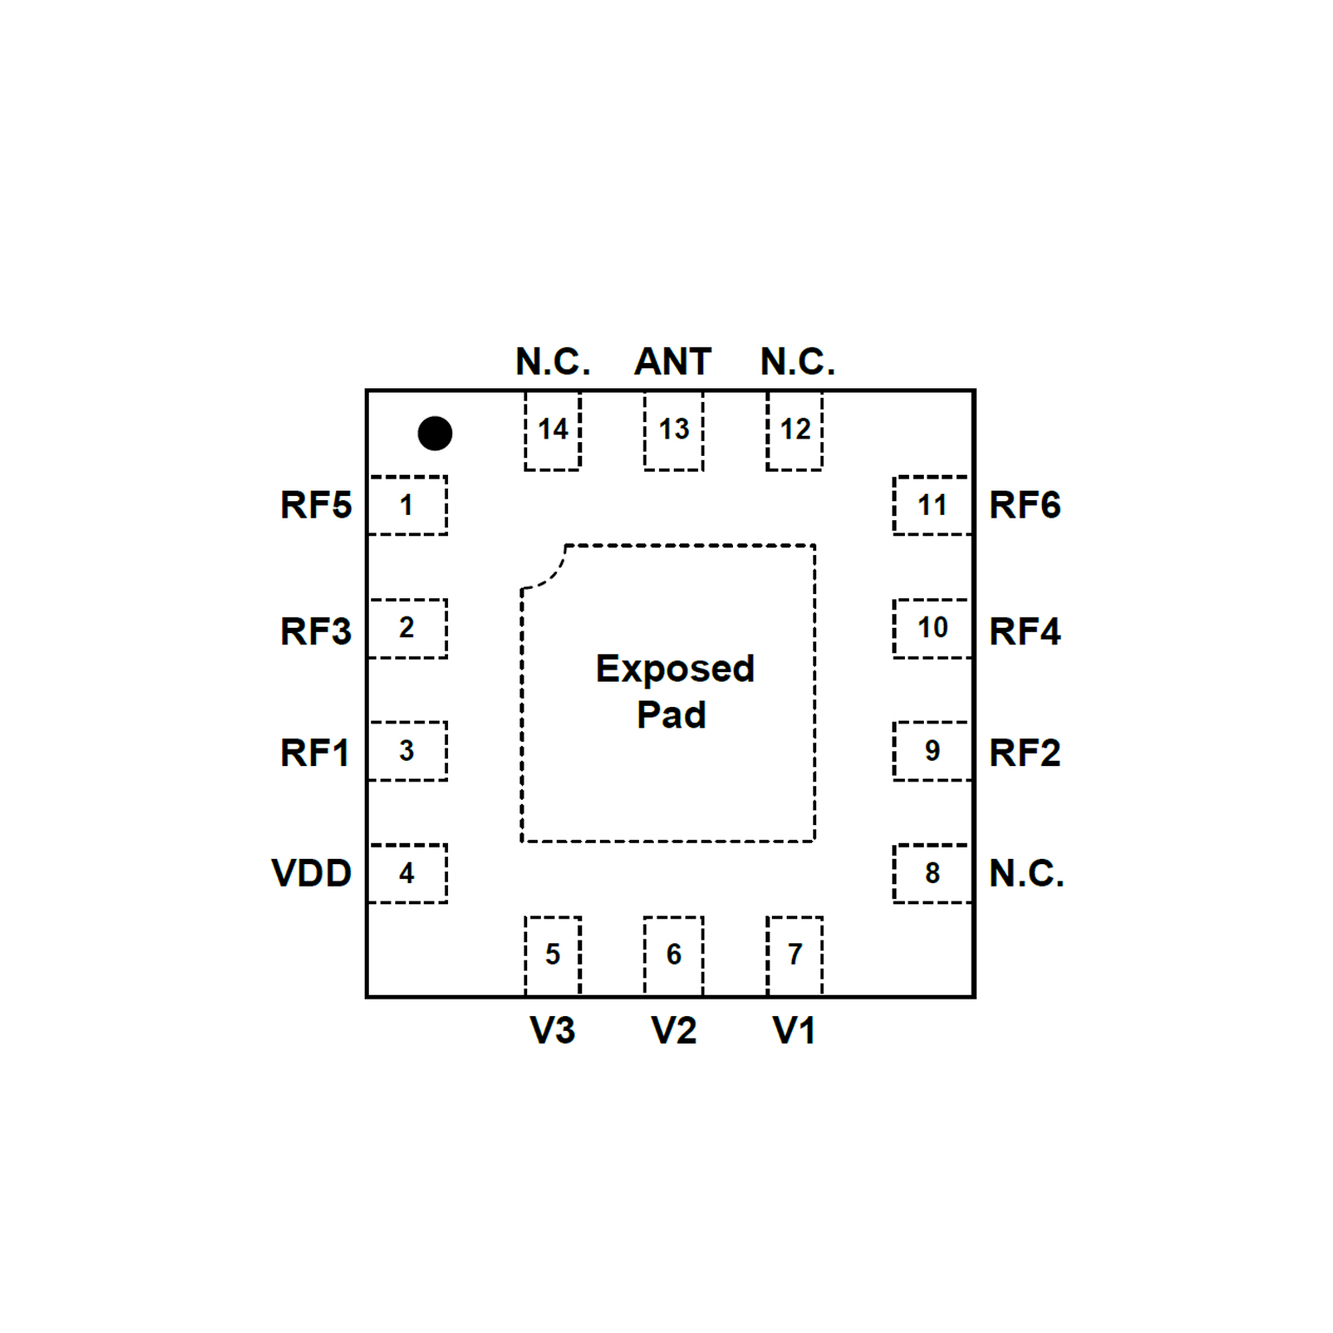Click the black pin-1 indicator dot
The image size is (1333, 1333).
(434, 433)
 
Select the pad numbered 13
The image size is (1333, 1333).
(673, 431)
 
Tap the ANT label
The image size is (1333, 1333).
(673, 361)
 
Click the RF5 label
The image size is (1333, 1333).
(316, 505)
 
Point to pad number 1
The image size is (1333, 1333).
(407, 505)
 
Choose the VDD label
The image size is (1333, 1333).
(312, 873)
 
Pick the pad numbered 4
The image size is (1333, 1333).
(407, 873)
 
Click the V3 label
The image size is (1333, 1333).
(552, 1031)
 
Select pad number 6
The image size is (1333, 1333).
(673, 954)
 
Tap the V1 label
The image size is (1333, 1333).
(794, 1031)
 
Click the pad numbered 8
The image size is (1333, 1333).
(932, 873)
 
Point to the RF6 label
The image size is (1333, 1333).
(1025, 505)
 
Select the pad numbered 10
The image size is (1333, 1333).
(932, 628)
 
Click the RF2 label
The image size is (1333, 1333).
(1025, 753)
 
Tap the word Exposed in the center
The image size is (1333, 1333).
(675, 669)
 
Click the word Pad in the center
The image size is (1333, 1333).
(671, 715)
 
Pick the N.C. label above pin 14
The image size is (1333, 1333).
(552, 361)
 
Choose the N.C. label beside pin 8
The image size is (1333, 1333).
(1026, 873)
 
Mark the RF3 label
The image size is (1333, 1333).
(316, 631)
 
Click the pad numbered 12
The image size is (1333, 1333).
(795, 431)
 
